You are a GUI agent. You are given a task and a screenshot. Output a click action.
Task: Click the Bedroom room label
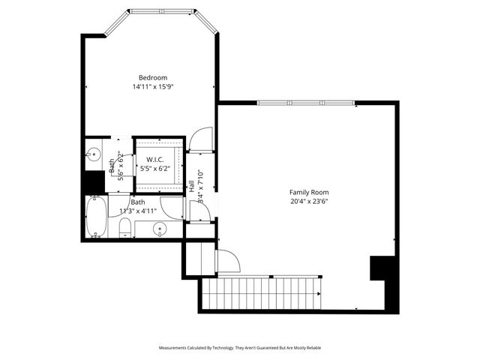[152, 77]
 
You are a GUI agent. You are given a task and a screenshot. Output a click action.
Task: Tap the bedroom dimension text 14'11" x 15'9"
[152, 87]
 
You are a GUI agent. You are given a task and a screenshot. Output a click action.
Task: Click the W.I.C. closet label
[155, 159]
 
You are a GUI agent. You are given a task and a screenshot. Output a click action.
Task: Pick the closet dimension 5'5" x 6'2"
[155, 169]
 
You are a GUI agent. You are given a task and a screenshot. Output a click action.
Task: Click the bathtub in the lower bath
[96, 217]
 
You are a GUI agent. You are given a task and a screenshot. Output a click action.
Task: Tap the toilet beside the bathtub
[125, 228]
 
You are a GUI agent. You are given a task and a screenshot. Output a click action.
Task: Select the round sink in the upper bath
[94, 155]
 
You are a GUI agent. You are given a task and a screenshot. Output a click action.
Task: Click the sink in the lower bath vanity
[160, 229]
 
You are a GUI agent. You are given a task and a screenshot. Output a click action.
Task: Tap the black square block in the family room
[382, 268]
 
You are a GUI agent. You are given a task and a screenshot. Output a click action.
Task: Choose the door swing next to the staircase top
[227, 260]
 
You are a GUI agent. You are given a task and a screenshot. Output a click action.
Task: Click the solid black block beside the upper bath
[94, 183]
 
